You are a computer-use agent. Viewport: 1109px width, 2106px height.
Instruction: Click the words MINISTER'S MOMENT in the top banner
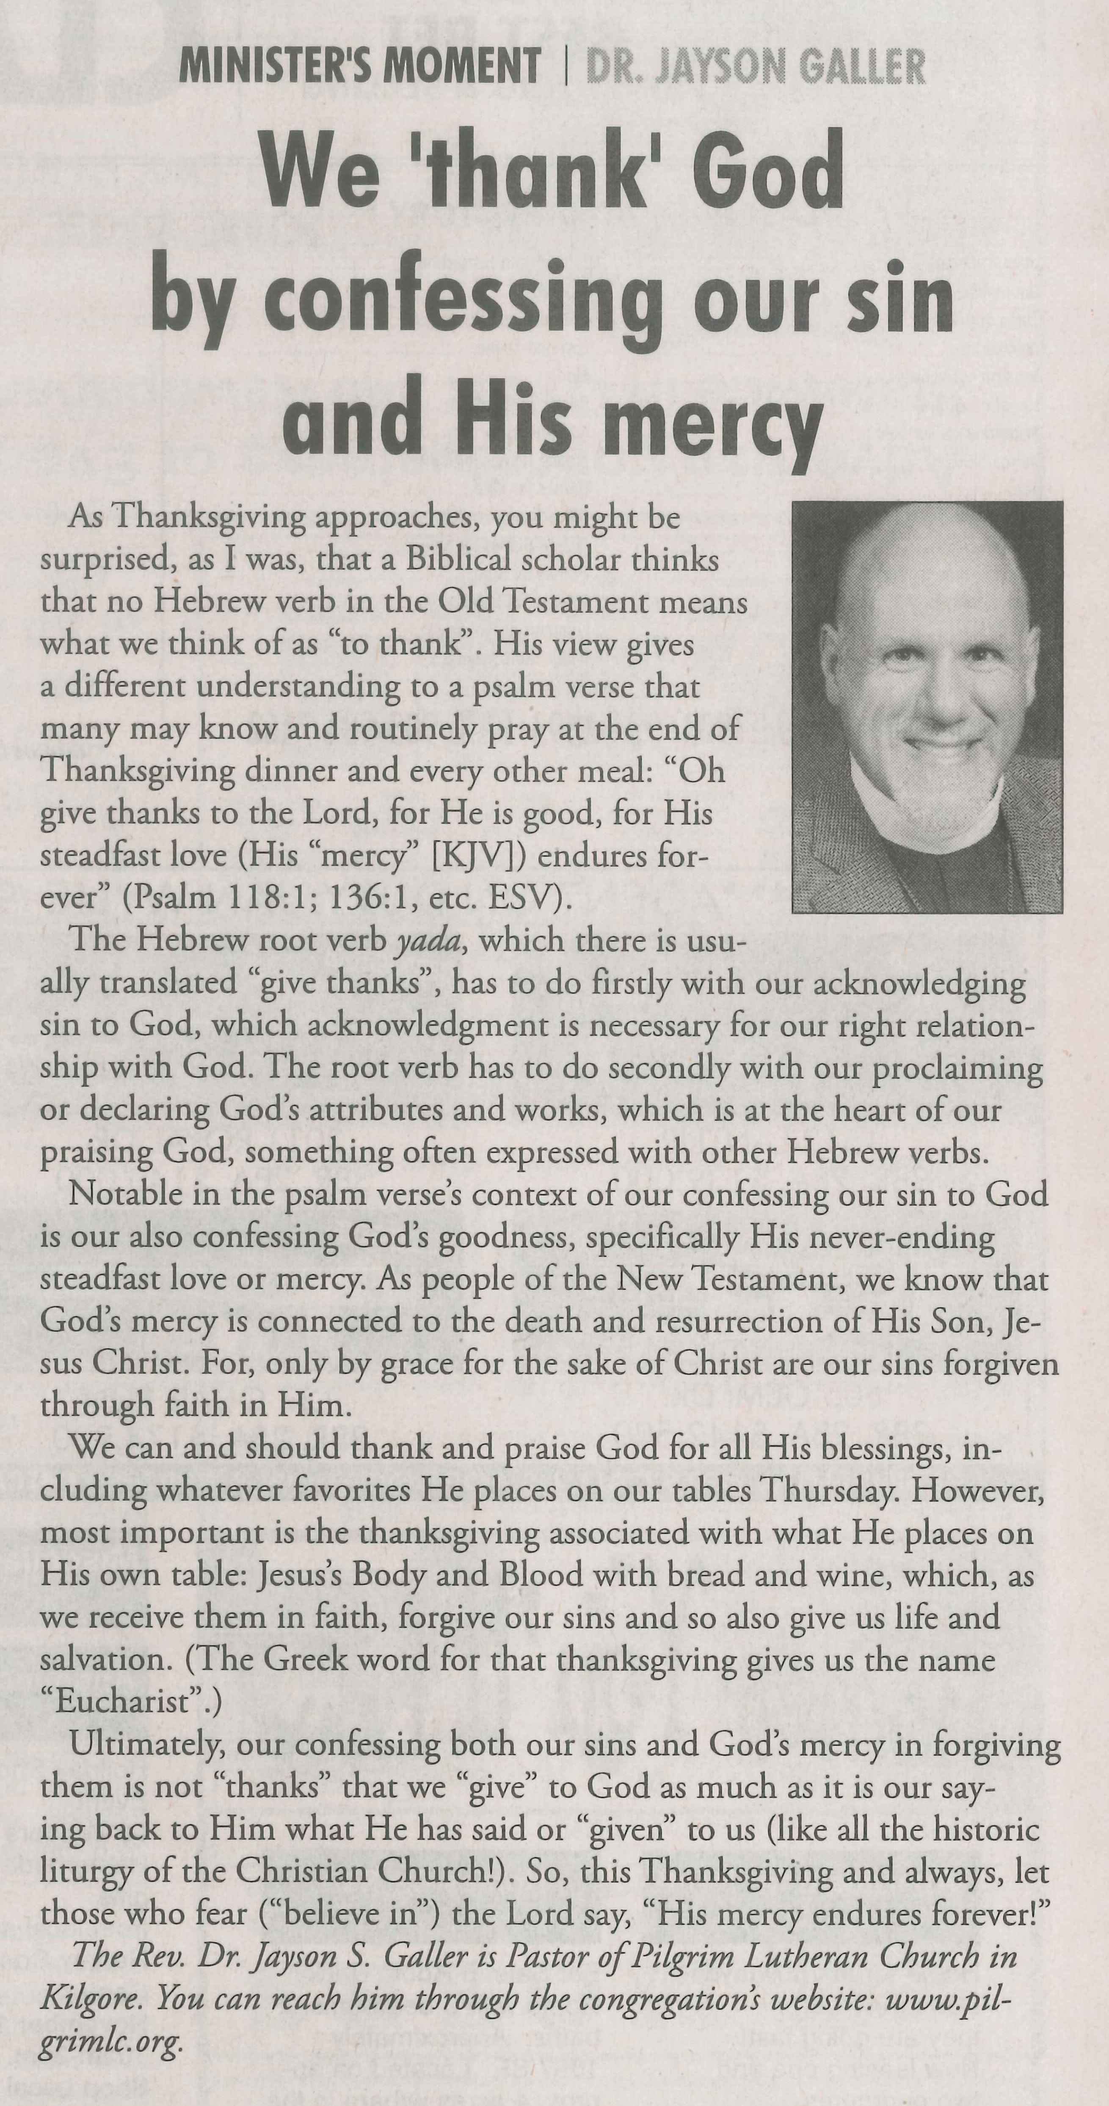360,66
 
